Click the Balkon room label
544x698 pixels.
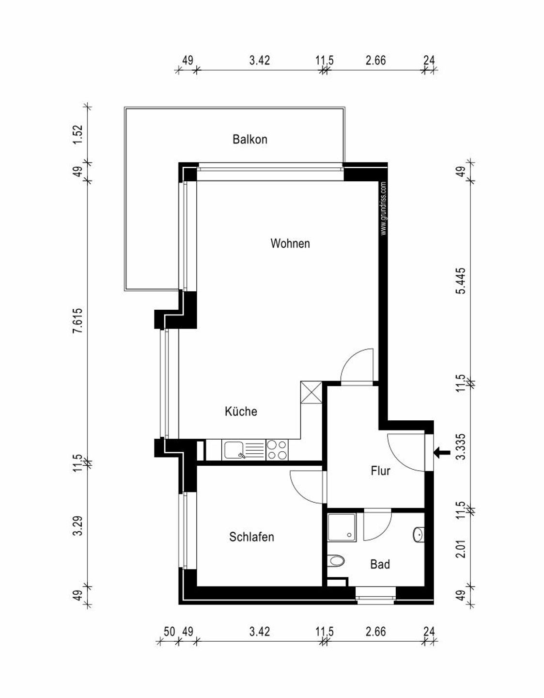click(x=249, y=140)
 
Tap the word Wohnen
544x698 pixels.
click(x=290, y=243)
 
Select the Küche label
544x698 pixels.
click(x=241, y=412)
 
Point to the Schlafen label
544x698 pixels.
click(x=251, y=537)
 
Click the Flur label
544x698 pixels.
click(x=380, y=471)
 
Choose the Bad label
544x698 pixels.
click(x=380, y=564)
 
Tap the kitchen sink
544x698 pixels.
click(x=235, y=450)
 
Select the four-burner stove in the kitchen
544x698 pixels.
click(x=277, y=450)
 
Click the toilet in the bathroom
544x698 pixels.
click(x=336, y=561)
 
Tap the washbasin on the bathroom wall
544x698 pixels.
click(x=419, y=535)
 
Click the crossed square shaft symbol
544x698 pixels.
click(x=311, y=392)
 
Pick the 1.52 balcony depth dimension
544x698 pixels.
click(x=79, y=134)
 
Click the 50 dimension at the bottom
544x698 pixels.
click(x=169, y=632)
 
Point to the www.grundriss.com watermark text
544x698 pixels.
click(x=383, y=209)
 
